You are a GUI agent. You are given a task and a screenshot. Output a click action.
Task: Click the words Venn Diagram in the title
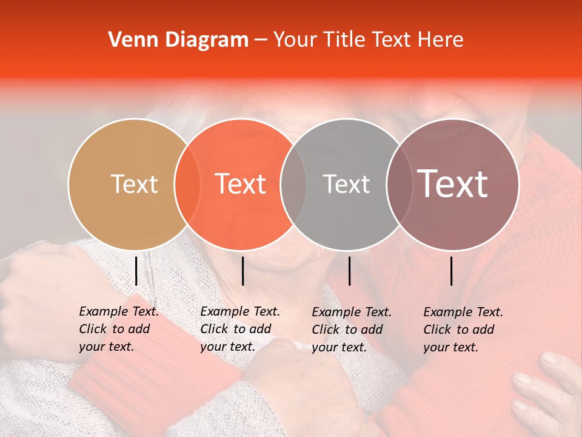(178, 40)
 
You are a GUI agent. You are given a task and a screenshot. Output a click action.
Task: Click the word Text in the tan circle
(134, 184)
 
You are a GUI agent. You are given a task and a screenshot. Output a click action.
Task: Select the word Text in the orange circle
(241, 184)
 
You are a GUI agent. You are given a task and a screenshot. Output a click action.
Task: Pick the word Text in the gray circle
(346, 184)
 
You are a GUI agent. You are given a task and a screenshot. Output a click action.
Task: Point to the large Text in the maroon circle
(453, 184)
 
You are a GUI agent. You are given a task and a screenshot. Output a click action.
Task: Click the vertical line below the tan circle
(136, 271)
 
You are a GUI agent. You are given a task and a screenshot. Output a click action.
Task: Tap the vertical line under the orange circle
(242, 271)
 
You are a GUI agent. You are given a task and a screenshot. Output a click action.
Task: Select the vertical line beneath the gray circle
(349, 271)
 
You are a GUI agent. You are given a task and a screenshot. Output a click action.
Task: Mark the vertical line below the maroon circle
(452, 271)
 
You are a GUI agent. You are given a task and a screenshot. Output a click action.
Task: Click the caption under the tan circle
(118, 329)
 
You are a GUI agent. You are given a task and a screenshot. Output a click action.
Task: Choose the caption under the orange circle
(240, 329)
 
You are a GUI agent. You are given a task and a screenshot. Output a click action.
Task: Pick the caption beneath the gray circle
(352, 330)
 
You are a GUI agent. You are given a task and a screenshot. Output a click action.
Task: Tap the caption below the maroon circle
(463, 330)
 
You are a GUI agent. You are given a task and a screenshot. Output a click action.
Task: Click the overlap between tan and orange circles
(187, 184)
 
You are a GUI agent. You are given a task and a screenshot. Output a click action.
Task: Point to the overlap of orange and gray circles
(293, 184)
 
